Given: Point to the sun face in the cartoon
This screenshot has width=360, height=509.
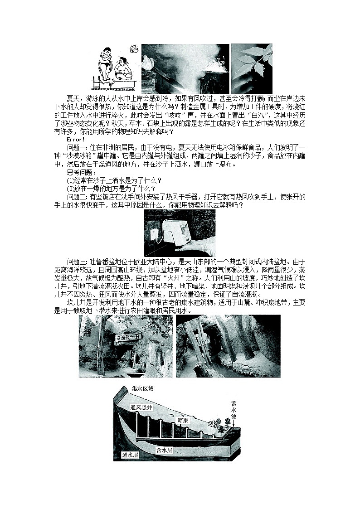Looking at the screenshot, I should click(133, 48).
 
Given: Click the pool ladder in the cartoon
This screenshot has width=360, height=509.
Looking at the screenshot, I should click(97, 84).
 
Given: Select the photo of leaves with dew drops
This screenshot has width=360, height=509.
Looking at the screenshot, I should click(252, 68).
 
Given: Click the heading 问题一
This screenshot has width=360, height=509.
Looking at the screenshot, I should click(76, 147).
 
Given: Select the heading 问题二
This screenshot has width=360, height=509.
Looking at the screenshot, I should click(76, 197).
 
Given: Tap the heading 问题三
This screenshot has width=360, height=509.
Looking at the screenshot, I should click(76, 262).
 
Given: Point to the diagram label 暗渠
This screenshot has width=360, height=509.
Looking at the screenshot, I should click(183, 421).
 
